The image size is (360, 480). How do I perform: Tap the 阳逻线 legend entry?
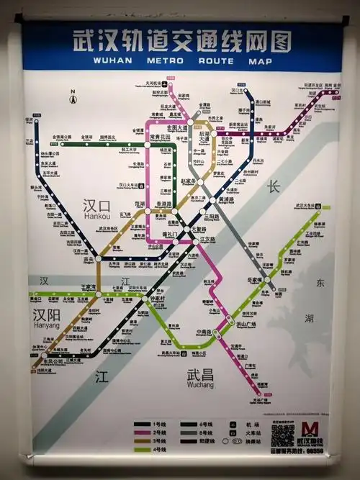pyautogui.click(x=205, y=443)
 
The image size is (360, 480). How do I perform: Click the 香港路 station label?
pyautogui.click(x=165, y=204)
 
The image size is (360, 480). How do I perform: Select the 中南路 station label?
pyautogui.click(x=204, y=332)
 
